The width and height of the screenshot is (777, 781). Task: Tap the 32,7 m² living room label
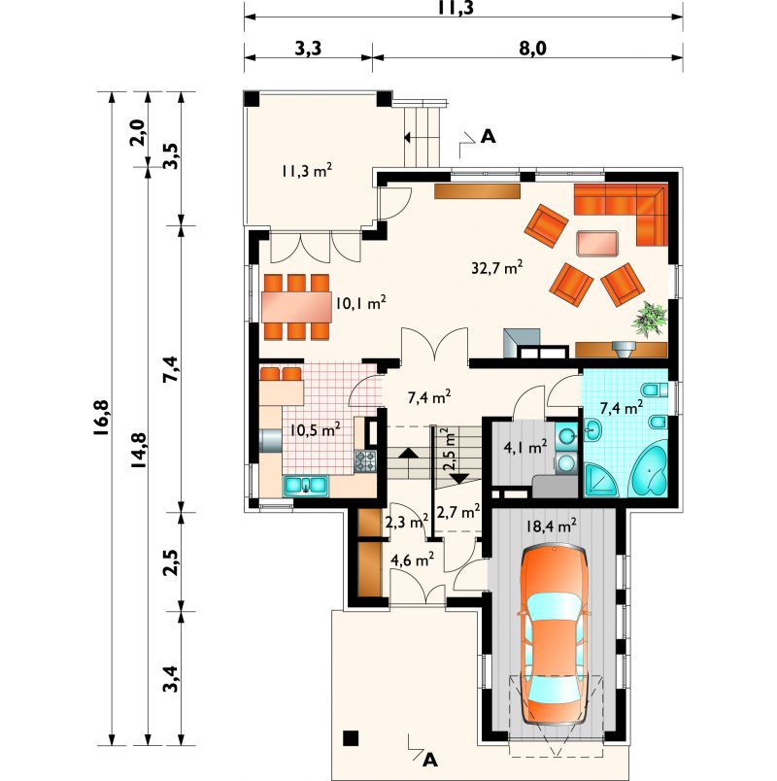click(x=497, y=268)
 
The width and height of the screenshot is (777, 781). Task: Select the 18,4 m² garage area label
click(x=552, y=526)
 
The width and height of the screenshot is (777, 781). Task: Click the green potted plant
click(x=649, y=320)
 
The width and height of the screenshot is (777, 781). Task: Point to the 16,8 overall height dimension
click(x=102, y=419)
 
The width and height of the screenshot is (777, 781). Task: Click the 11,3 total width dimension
click(x=456, y=7)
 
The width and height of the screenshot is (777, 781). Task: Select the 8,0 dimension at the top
click(x=531, y=49)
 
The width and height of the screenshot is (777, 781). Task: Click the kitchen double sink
click(x=306, y=486)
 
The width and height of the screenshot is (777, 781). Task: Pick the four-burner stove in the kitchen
click(x=365, y=460)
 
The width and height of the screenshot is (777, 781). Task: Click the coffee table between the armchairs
click(x=596, y=244)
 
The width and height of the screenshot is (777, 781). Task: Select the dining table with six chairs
click(x=296, y=307)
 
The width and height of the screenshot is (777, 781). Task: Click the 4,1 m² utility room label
click(x=525, y=446)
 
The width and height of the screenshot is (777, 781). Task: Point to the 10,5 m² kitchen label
click(x=316, y=429)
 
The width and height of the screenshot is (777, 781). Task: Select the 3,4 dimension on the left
click(x=171, y=678)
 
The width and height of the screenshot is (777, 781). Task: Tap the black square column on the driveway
click(x=352, y=737)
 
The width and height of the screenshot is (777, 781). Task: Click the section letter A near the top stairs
click(x=489, y=136)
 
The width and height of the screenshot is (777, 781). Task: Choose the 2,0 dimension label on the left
click(x=137, y=132)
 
